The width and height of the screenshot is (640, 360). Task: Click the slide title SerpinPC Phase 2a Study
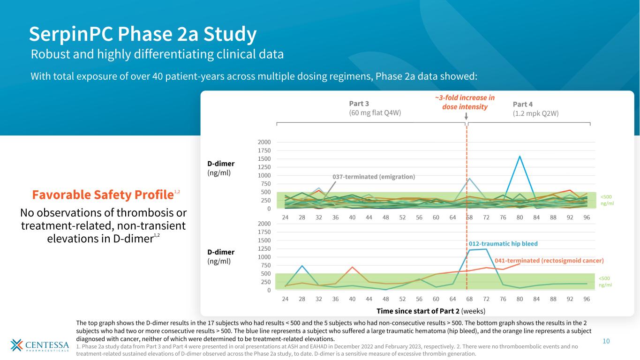coord(143,34)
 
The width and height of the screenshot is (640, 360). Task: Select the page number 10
coord(606,341)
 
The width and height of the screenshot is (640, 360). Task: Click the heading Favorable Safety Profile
coord(102,194)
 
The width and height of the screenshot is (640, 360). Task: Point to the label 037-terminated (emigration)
coord(374,177)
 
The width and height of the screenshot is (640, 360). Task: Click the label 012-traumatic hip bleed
coord(503,244)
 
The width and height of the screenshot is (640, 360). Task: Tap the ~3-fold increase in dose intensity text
coord(465,102)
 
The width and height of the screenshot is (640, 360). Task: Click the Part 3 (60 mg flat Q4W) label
coord(375,108)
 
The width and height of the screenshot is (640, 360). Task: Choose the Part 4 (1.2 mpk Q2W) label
coord(536,108)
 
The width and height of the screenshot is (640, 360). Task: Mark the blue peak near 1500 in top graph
coord(520,157)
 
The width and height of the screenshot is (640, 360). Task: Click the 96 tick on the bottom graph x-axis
coord(587,299)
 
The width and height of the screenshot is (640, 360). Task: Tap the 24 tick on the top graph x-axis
coord(285,217)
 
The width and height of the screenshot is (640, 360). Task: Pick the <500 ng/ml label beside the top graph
coord(607,200)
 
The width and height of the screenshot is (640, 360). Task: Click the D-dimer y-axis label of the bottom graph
coord(220,256)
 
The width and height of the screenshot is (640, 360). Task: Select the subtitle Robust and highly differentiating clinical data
coord(157,54)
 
